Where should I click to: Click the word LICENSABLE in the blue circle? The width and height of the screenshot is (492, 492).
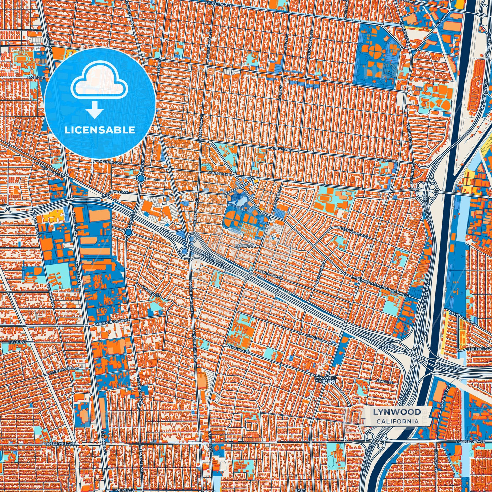point(100,130)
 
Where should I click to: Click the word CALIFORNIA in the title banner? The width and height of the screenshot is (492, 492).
point(397,421)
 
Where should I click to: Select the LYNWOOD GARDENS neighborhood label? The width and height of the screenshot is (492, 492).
point(326,380)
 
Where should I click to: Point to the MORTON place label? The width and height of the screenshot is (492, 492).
point(387,346)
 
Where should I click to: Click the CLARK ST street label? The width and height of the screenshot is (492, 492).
point(385,382)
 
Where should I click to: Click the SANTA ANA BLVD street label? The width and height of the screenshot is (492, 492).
point(50,169)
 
